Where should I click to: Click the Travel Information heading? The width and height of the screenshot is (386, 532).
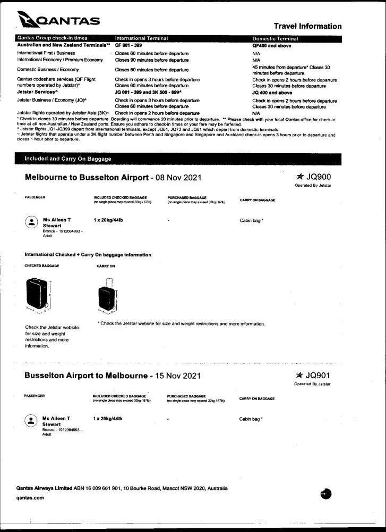307,26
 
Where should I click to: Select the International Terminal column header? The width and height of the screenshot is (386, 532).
141,38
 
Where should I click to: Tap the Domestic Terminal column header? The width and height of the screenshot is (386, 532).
275,38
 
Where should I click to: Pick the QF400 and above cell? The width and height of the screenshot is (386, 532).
271,46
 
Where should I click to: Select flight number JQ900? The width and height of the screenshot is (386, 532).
318,177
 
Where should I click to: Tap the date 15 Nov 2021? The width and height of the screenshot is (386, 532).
177,376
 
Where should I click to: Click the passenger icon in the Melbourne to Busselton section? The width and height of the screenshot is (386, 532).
31,222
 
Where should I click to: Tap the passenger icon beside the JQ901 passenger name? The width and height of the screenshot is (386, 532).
31,421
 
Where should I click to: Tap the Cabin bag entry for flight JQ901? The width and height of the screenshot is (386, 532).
251,419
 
